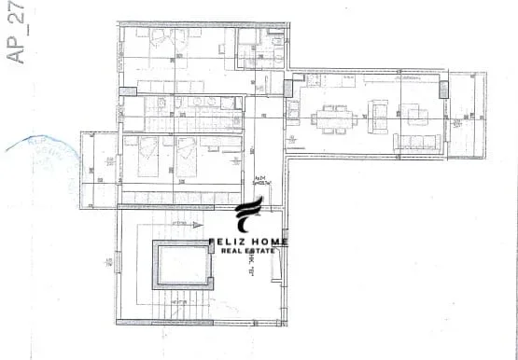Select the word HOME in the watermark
pos(271,242)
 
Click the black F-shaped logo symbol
pos(248,216)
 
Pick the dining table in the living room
pos(337,118)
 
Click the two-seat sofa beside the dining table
pos(381,114)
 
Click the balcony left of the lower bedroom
pos(98,168)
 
